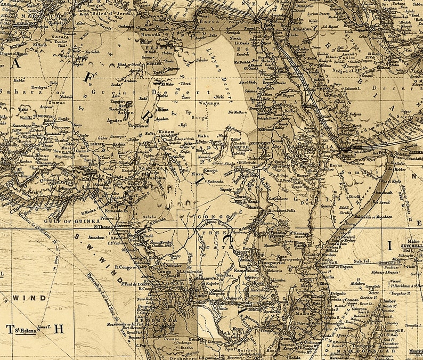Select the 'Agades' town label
pyautogui.click(x=114, y=121)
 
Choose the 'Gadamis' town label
pyautogui.click(x=126, y=26)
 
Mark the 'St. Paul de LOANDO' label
pyautogui.click(x=137, y=284)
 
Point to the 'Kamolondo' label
pyautogui.click(x=246, y=271)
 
